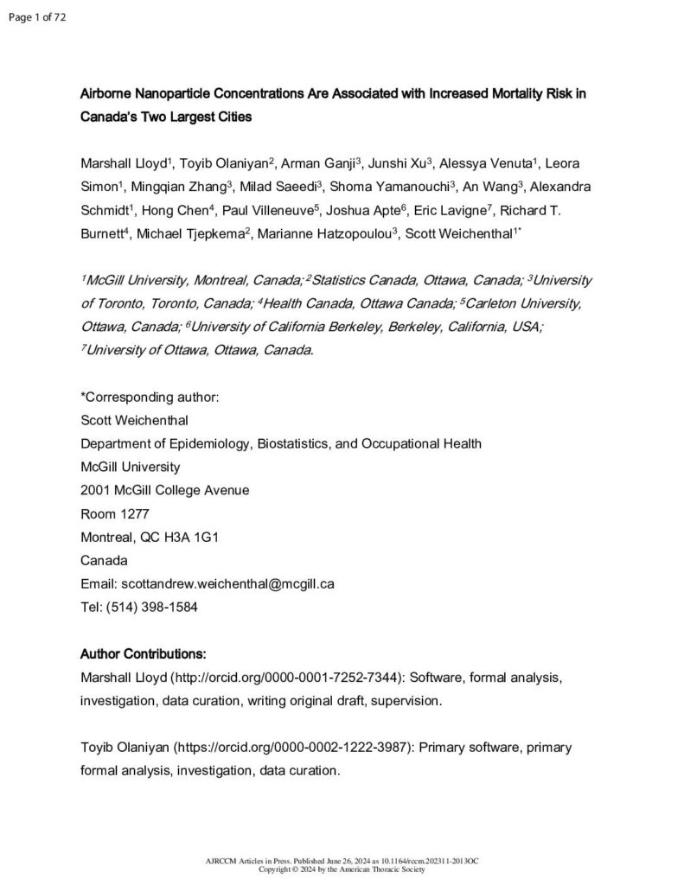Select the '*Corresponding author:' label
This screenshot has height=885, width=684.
tap(150, 397)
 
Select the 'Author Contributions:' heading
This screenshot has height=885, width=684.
tap(143, 653)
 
